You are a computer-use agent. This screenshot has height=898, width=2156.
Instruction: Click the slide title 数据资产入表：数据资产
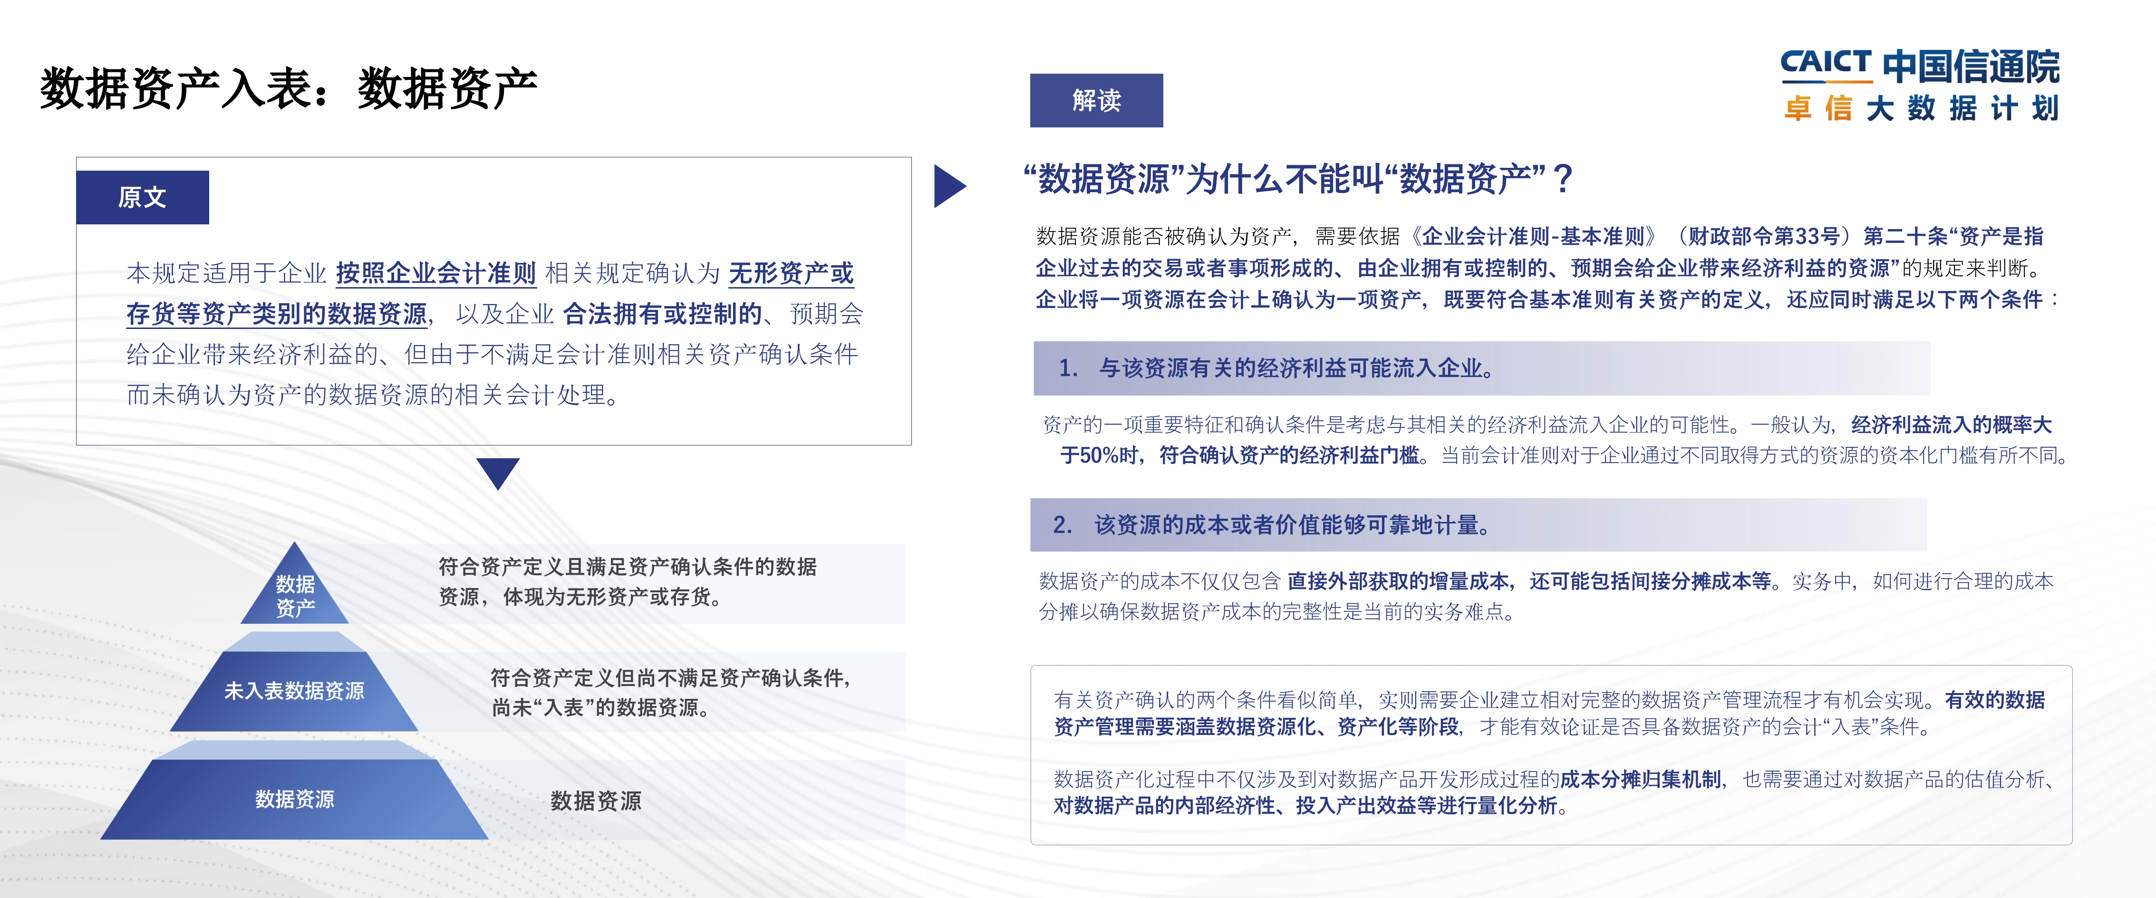[x=289, y=88]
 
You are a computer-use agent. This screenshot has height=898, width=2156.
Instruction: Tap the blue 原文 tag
[x=142, y=197]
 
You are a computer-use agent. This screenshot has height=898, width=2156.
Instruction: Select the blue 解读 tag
[x=1096, y=100]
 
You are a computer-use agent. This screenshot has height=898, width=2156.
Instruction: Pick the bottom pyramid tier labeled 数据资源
[x=295, y=799]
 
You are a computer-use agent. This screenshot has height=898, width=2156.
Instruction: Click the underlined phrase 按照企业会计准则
[x=435, y=273]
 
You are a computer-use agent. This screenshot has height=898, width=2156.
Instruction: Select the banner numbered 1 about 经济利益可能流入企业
[x=1481, y=368]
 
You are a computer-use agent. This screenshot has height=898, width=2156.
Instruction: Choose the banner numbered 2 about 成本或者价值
[x=1478, y=525]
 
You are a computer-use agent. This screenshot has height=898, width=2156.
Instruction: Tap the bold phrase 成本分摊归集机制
[x=1641, y=779]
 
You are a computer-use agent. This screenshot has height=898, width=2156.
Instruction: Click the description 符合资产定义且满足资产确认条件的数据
[x=628, y=567]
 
